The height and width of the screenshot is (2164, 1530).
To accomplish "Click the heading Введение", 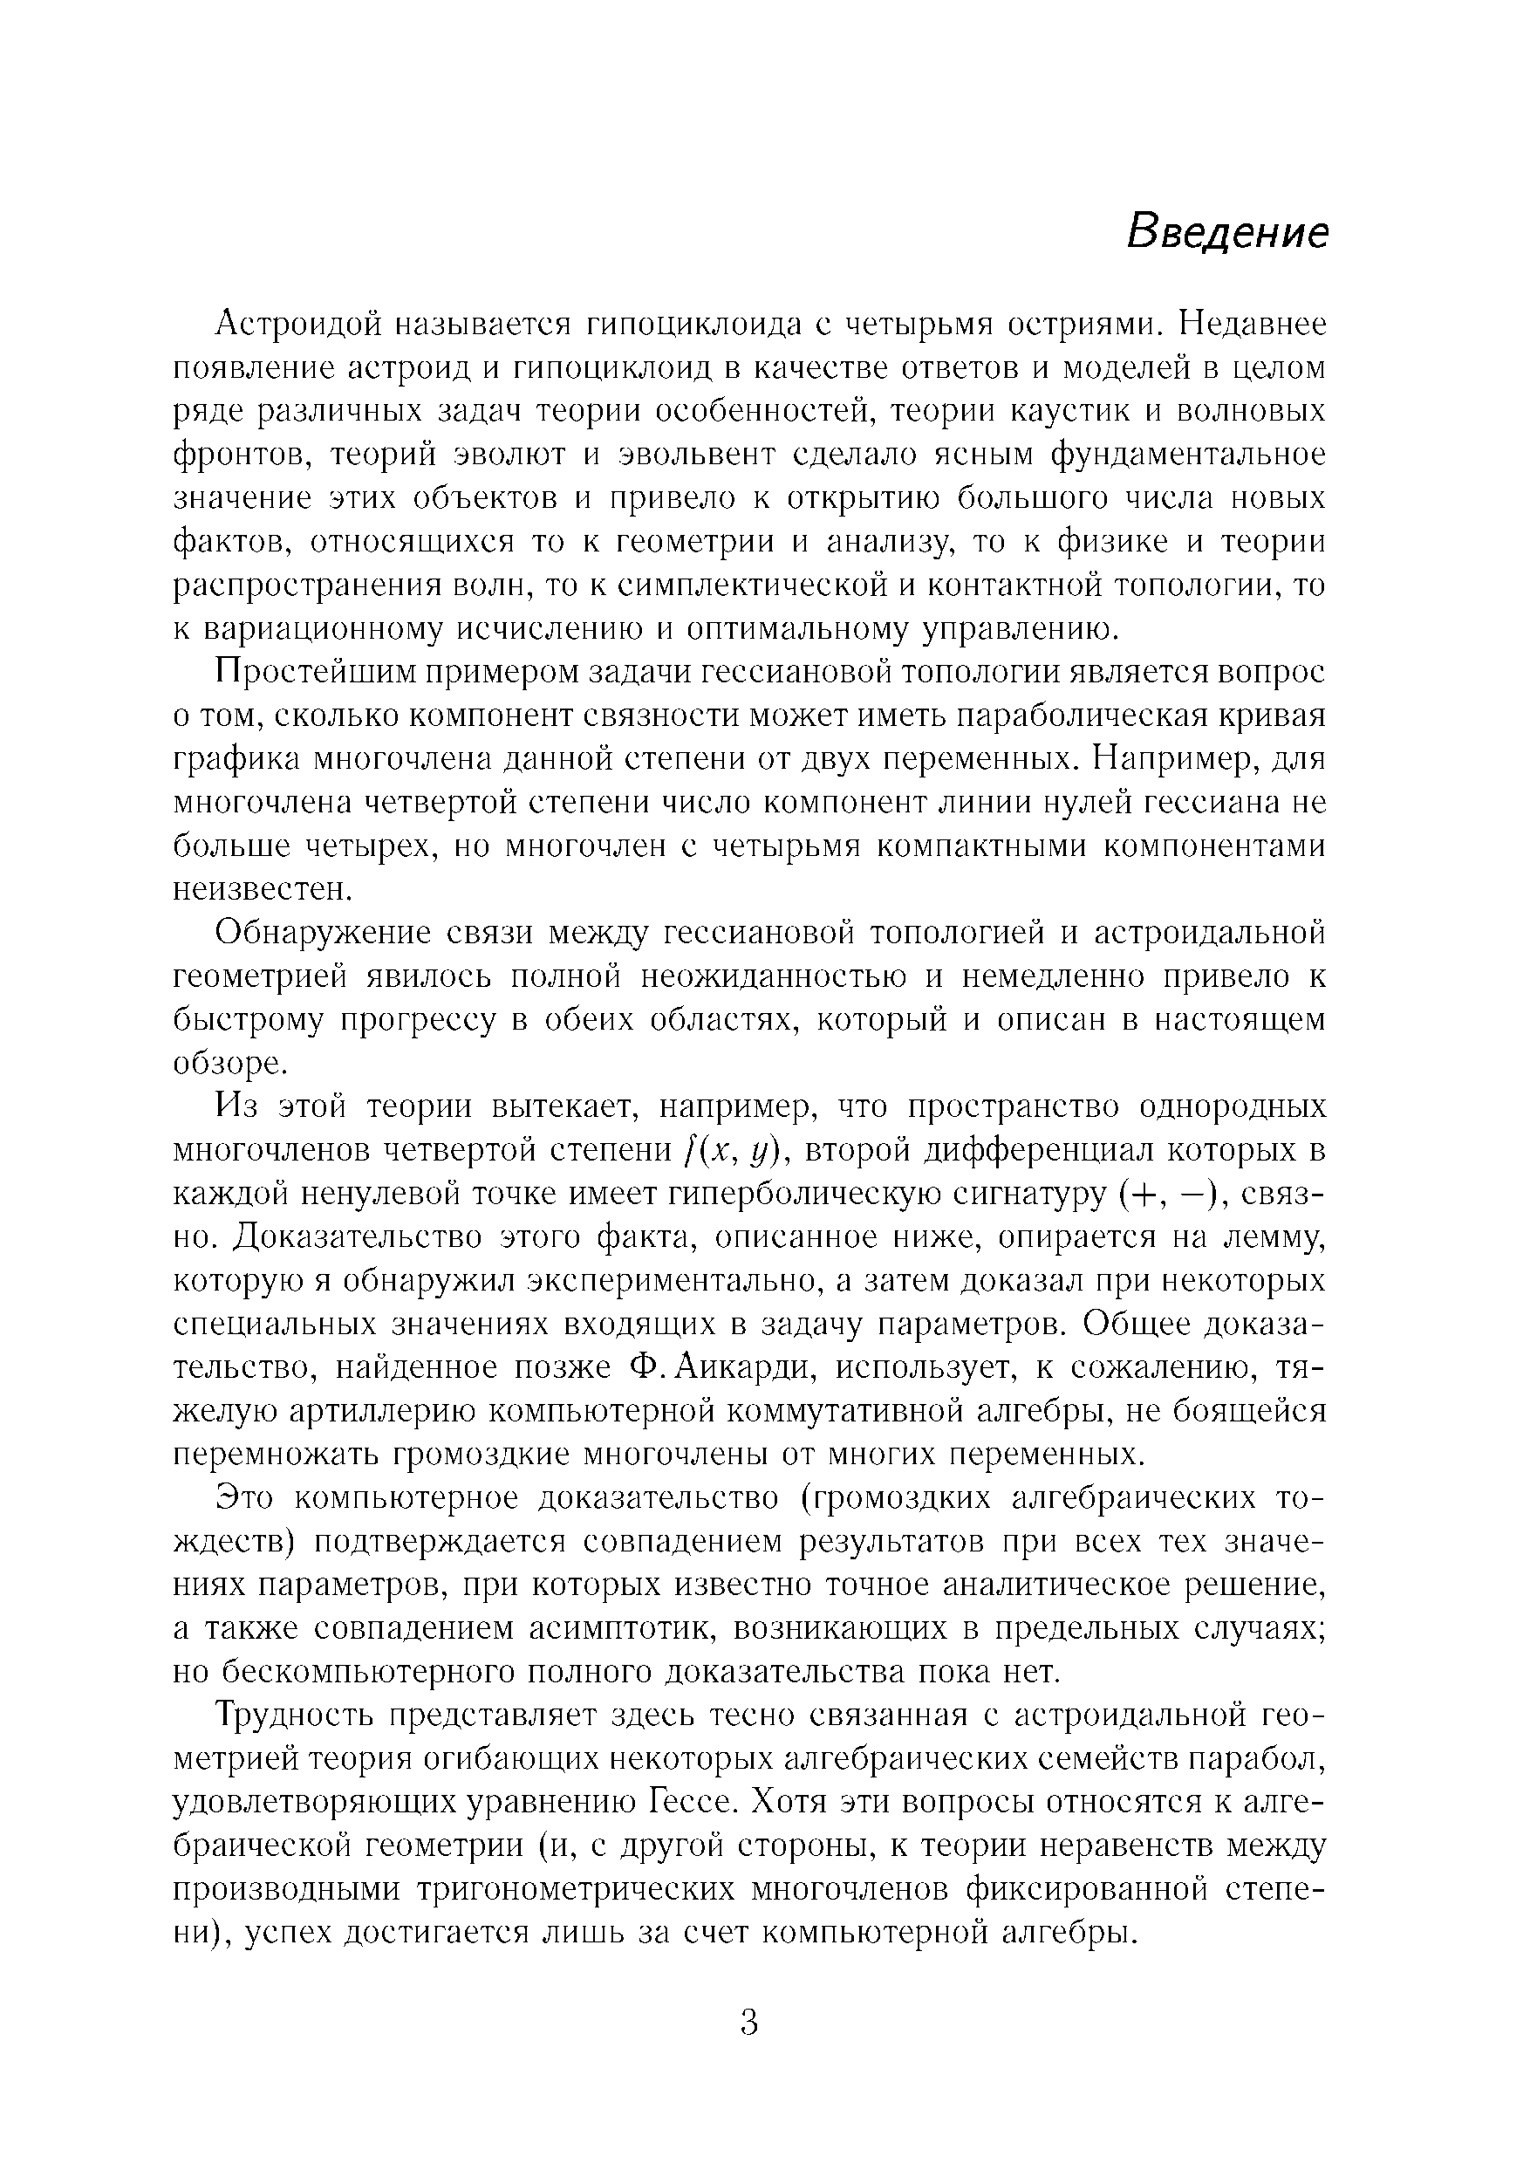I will click(1226, 232).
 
